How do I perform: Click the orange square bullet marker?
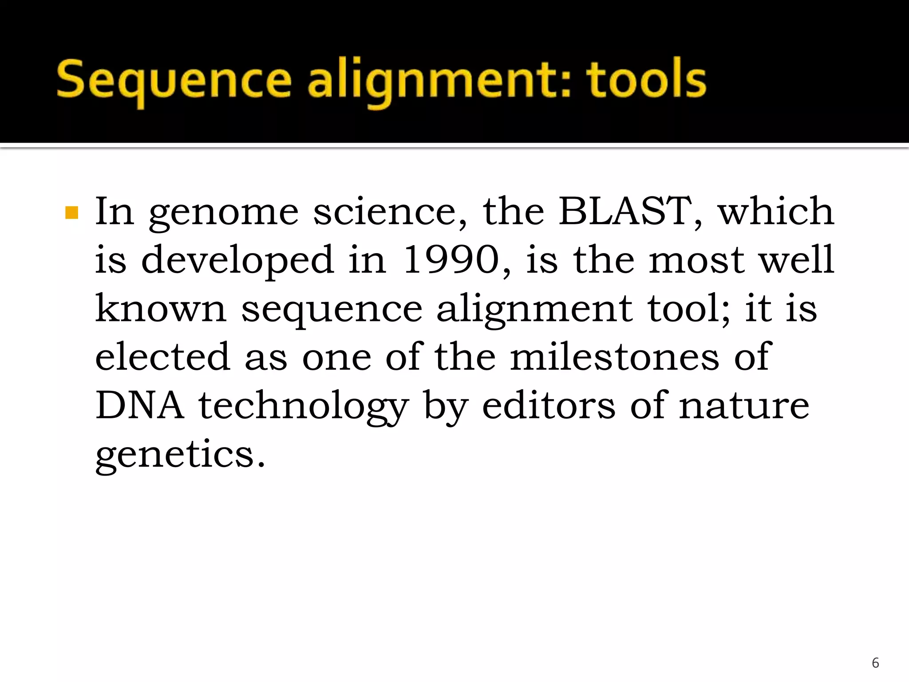(71, 213)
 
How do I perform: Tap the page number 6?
(875, 662)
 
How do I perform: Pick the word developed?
(237, 261)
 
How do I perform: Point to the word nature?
(744, 406)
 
